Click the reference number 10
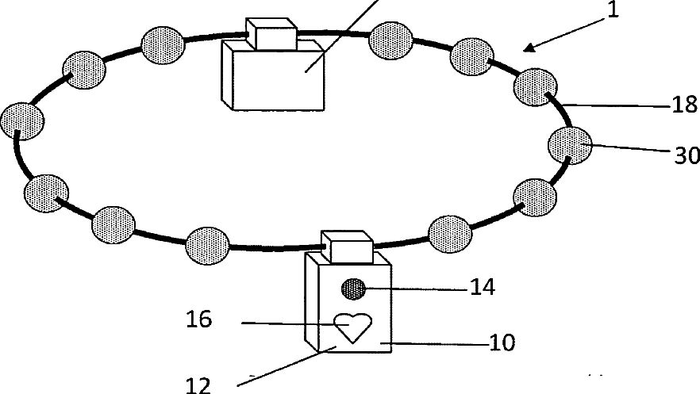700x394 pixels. pos(502,342)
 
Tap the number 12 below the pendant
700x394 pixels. pos(198,384)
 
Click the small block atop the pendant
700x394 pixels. pos(346,247)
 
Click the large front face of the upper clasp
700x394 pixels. pos(286,79)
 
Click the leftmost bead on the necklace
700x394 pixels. pos(22,123)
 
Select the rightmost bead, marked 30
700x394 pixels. pos(570,145)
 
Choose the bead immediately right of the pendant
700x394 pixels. pos(450,232)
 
